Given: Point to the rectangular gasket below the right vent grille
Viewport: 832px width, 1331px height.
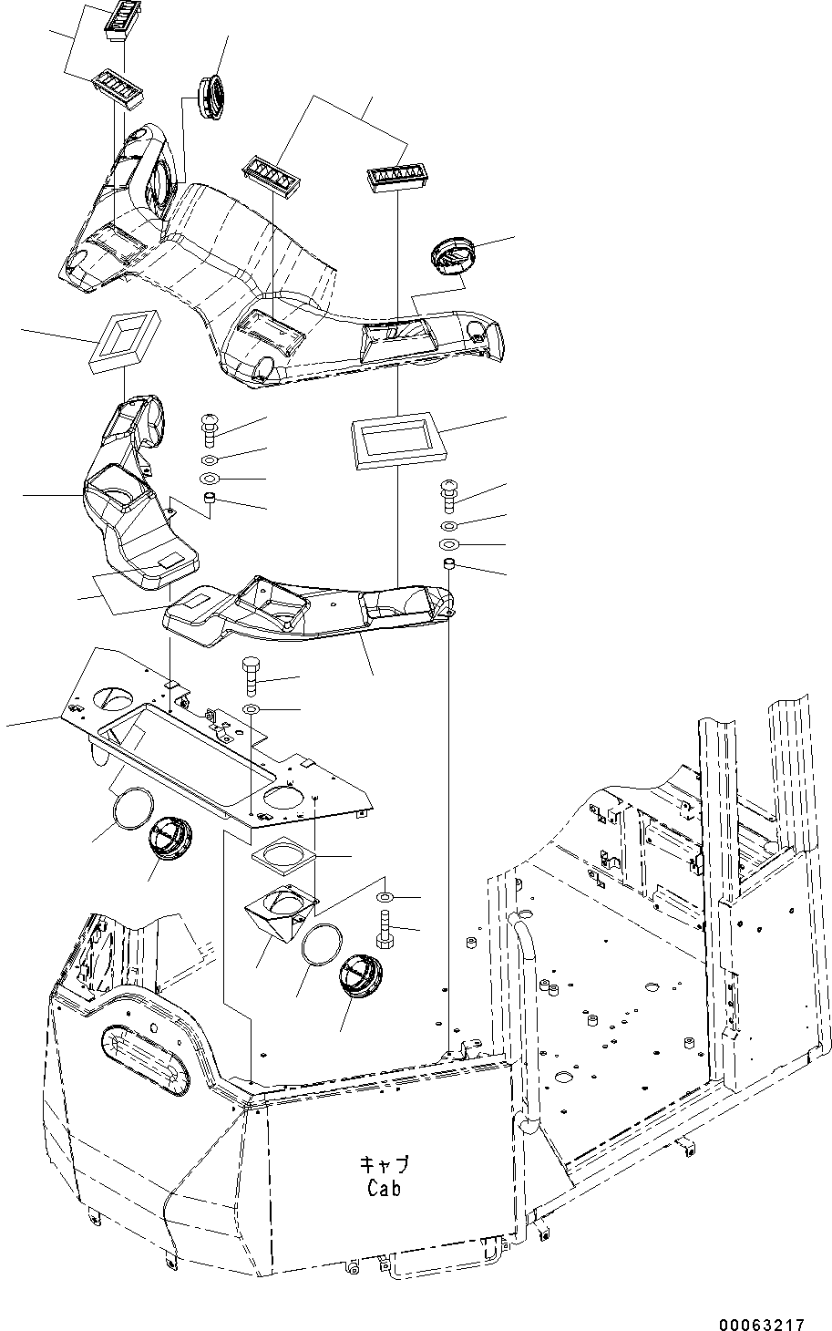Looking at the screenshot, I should click(x=395, y=440).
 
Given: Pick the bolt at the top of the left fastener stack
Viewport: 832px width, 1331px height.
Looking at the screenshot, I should click(x=208, y=425).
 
